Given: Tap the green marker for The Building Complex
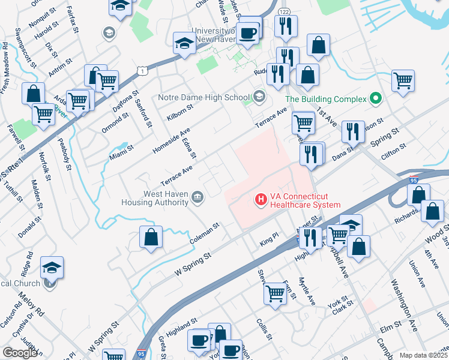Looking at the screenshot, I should (x=376, y=98).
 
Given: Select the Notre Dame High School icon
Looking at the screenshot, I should (x=259, y=96).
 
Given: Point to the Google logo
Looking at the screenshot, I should (x=20, y=353).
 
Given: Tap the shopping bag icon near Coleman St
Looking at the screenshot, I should (x=151, y=236).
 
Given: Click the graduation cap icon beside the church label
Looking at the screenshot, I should (x=52, y=268).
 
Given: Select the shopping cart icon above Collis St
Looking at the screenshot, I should (x=275, y=293).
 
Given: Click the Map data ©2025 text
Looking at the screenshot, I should (x=423, y=355).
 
